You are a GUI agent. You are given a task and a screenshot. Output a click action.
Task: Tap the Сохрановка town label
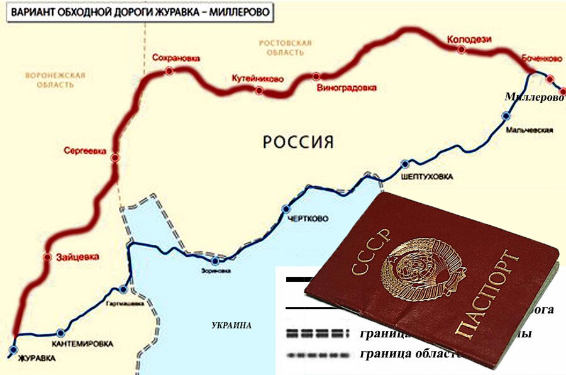(x=176, y=59)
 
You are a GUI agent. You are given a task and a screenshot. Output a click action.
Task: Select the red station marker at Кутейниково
(x=258, y=91)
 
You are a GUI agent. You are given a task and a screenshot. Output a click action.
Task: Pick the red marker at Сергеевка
(x=114, y=158)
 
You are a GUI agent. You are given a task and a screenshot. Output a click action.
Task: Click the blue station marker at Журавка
(x=14, y=347)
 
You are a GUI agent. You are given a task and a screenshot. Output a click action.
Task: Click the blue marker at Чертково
(x=286, y=209)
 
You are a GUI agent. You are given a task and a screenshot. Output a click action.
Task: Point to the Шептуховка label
(x=426, y=177)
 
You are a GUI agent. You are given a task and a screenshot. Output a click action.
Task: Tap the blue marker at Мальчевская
(x=506, y=116)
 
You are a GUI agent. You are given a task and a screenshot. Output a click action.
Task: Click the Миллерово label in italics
(x=534, y=97)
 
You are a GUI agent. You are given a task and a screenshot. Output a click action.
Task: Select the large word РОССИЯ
(x=297, y=142)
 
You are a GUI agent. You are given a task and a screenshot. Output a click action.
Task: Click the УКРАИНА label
(x=231, y=325)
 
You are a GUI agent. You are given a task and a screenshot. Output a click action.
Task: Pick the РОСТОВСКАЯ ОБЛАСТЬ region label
(x=286, y=48)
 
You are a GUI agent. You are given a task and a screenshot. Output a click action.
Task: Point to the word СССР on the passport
(x=371, y=254)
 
